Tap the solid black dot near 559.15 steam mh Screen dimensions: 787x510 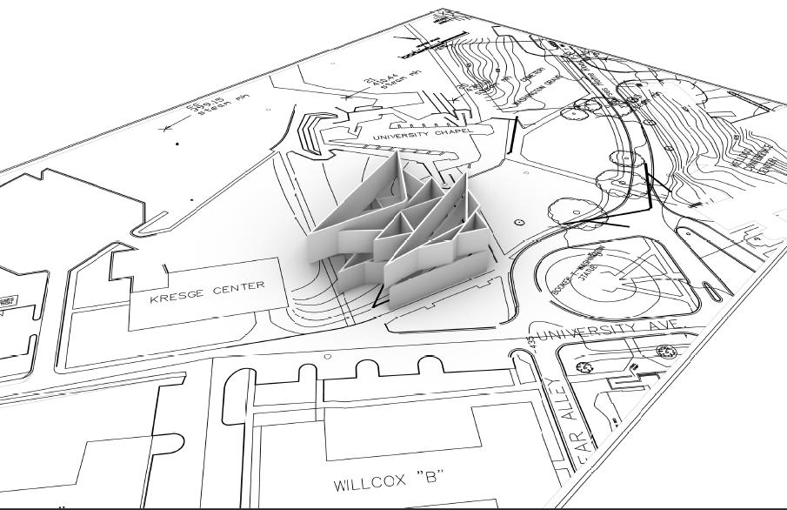click(177, 143)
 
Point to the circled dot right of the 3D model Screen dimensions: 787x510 click(519, 223)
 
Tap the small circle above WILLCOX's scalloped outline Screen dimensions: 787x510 click(327, 356)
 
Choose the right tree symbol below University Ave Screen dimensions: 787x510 click(666, 352)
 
